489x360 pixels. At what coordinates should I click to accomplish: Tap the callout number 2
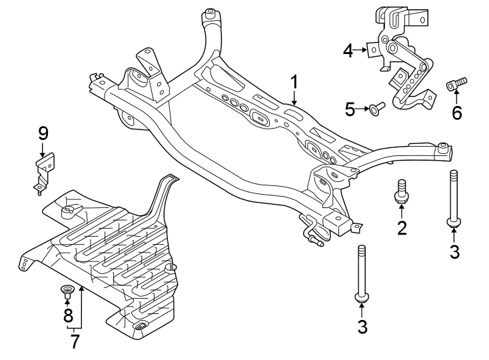pyautogui.click(x=402, y=227)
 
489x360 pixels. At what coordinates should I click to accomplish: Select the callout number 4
pyautogui.click(x=347, y=49)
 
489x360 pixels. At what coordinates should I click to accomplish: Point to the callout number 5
pyautogui.click(x=350, y=109)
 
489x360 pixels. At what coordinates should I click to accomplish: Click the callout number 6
pyautogui.click(x=456, y=112)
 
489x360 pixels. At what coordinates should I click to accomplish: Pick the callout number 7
pyautogui.click(x=75, y=341)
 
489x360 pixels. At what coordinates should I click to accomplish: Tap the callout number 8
pyautogui.click(x=68, y=315)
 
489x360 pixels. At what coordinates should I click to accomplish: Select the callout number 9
pyautogui.click(x=43, y=133)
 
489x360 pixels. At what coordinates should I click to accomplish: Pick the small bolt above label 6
pyautogui.click(x=456, y=83)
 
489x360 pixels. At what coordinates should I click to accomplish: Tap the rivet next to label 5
pyautogui.click(x=378, y=108)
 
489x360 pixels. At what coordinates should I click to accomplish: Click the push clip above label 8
pyautogui.click(x=67, y=290)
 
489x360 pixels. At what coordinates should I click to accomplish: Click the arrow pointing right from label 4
pyautogui.click(x=364, y=49)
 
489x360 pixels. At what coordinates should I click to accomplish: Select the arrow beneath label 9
pyautogui.click(x=43, y=150)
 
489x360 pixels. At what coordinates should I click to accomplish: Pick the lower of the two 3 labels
pyautogui.click(x=362, y=327)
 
